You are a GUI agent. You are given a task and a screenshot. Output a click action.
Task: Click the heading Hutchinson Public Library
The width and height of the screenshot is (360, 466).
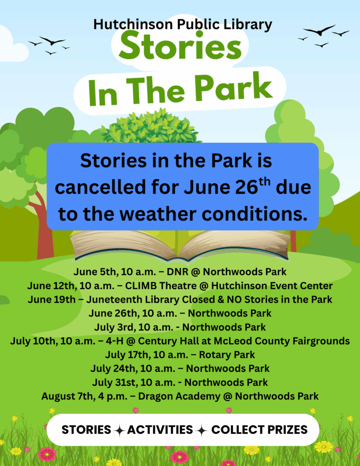tap(183, 25)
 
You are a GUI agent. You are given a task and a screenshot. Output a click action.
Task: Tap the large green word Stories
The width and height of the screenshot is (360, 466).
tap(180, 46)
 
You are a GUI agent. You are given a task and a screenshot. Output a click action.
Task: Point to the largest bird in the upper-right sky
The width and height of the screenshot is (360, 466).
tap(319, 30)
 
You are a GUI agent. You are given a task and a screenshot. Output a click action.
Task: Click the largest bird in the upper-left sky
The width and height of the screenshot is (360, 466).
tap(52, 41)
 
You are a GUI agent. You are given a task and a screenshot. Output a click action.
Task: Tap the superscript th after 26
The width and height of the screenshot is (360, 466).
tap(265, 182)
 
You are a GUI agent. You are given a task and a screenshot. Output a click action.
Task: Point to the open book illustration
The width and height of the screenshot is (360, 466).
tap(180, 245)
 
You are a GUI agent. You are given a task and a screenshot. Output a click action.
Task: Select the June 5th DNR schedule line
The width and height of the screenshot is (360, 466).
tap(180, 272)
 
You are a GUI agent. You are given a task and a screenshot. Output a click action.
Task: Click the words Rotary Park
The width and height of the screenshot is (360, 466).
tap(227, 355)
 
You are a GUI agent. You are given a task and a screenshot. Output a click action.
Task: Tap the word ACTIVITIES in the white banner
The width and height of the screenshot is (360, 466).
tap(160, 430)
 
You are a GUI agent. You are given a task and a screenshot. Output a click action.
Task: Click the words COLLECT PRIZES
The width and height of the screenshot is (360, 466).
tap(259, 430)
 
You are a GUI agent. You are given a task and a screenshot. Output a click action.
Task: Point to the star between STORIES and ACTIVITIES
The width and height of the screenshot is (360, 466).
tap(119, 431)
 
